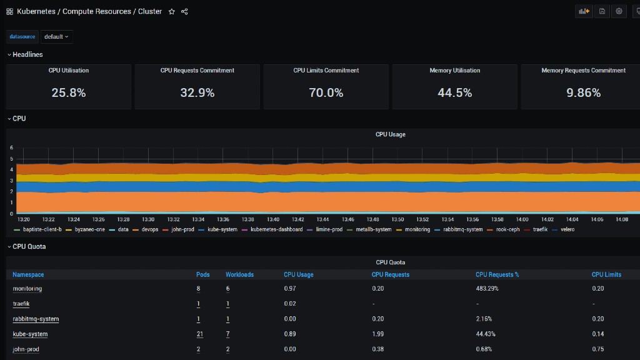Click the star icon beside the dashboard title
tap(172, 11)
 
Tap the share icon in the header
tap(184, 11)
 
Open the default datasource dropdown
tap(56, 37)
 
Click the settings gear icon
tap(619, 11)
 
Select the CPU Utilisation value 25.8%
tap(69, 92)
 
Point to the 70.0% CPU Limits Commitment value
tap(326, 92)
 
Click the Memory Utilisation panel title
tap(455, 71)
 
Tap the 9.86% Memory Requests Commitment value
tap(583, 92)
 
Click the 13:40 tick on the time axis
tap(273, 219)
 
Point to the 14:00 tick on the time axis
tap(522, 219)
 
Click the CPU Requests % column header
tap(497, 275)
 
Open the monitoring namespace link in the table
tap(27, 289)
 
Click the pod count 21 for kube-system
tap(199, 334)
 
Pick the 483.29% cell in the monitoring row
tap(487, 289)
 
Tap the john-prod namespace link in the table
tap(26, 349)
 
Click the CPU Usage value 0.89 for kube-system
tap(290, 334)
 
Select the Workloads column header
tap(239, 275)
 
